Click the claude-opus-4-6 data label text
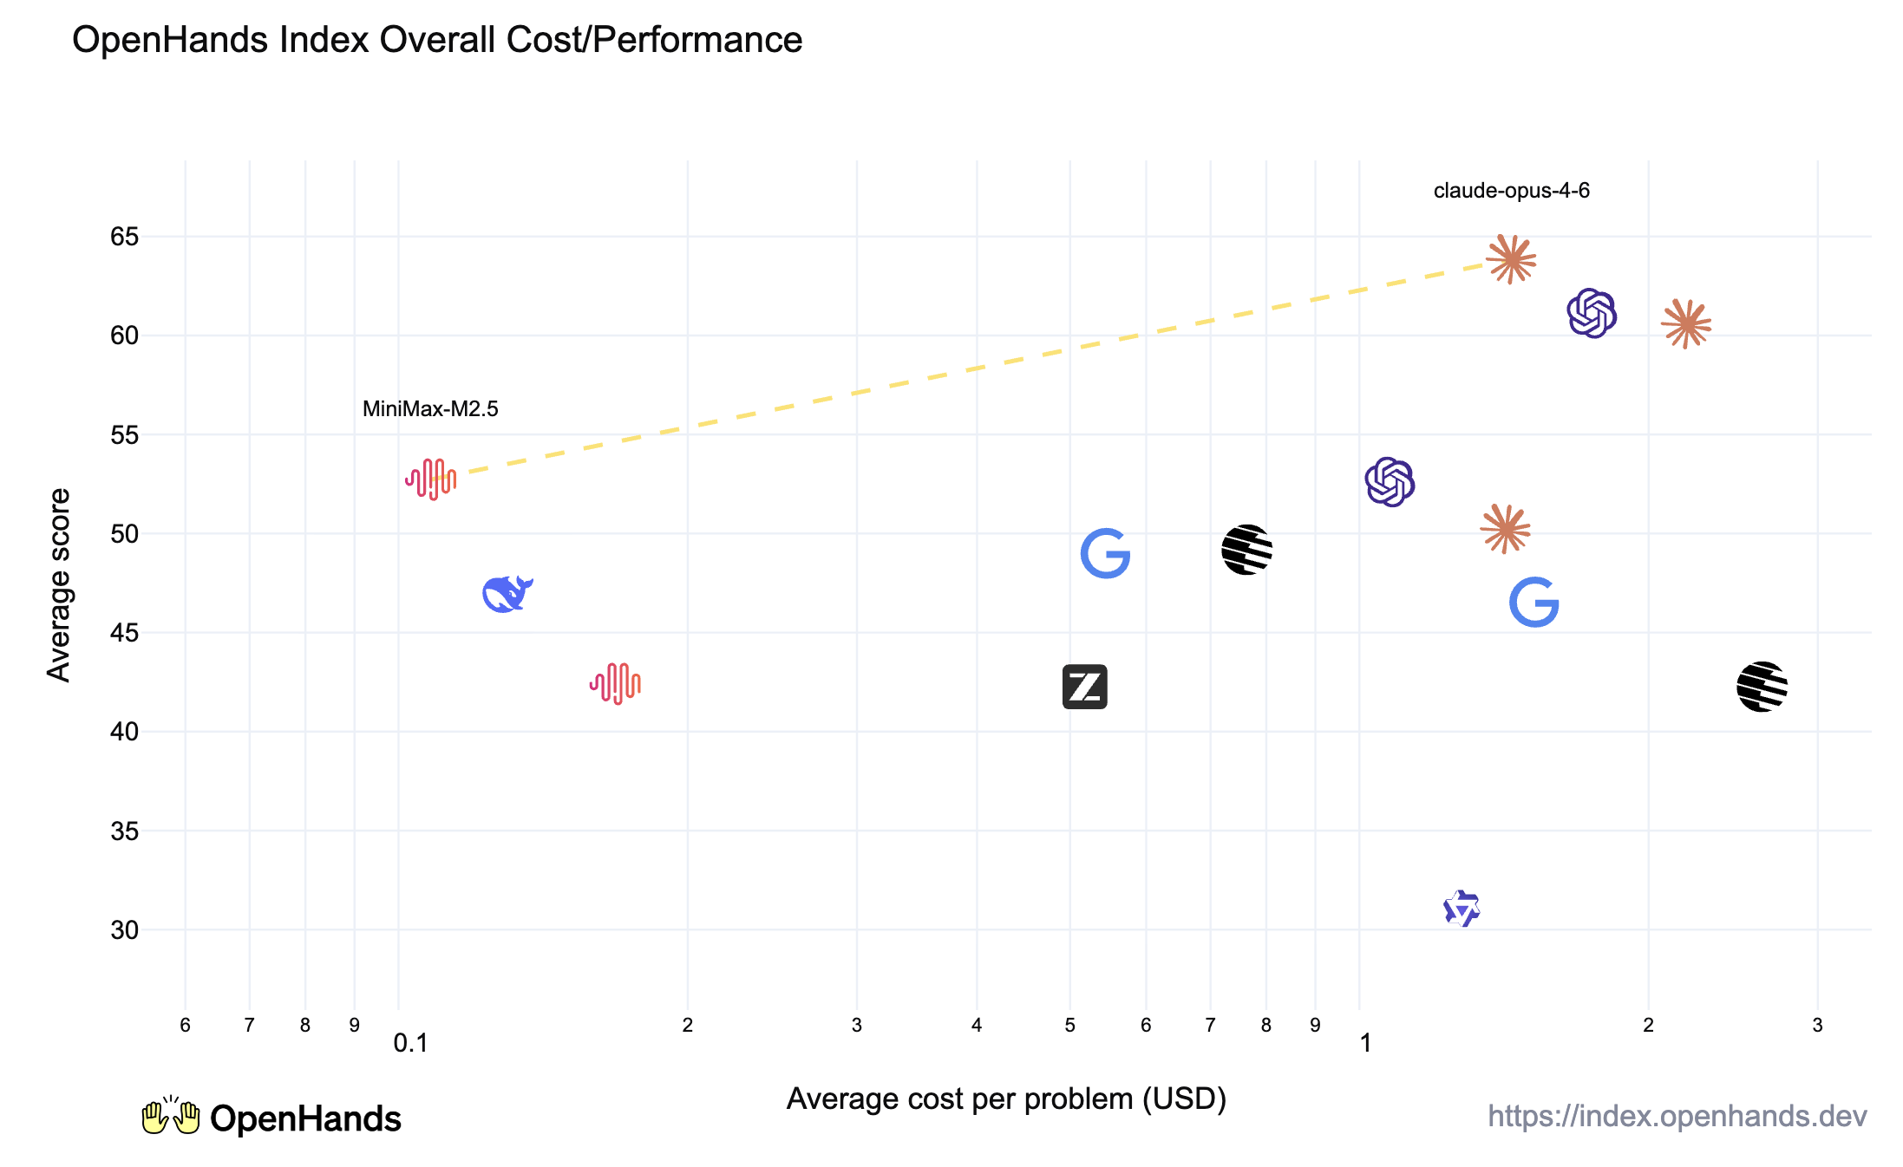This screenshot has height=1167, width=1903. (1511, 191)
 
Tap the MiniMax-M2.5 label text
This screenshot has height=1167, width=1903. (430, 409)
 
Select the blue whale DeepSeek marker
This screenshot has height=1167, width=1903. (507, 594)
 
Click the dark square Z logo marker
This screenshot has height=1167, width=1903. (1084, 687)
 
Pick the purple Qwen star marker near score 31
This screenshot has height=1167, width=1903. (1462, 909)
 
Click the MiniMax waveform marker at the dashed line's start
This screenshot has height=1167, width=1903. (431, 479)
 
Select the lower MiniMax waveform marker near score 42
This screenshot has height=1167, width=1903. (615, 684)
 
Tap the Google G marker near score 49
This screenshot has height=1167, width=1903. (1105, 553)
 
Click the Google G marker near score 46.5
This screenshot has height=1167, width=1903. (1534, 602)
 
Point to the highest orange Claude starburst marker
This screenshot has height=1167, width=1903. (1511, 259)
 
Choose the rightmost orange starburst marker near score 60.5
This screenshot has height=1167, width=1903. (1686, 324)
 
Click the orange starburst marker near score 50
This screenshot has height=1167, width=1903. (1505, 529)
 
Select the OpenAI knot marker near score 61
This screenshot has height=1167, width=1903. (1592, 313)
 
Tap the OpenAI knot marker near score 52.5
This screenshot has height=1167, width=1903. (1390, 482)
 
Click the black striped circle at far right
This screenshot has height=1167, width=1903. (1762, 687)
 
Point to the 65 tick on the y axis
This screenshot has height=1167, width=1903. (125, 237)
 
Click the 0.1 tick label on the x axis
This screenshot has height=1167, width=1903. (410, 1043)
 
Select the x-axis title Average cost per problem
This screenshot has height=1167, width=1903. (1006, 1099)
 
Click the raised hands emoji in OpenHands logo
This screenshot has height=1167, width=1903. (171, 1117)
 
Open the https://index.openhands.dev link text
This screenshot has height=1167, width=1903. (1677, 1116)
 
